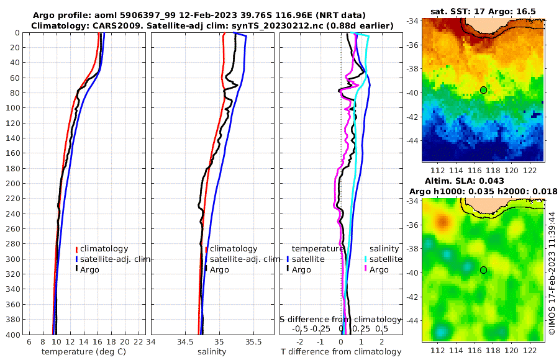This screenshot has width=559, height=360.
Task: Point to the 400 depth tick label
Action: tap(12, 335)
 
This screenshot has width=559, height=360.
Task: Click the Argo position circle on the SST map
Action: tap(483, 90)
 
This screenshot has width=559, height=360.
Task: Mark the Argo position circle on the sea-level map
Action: tap(483, 270)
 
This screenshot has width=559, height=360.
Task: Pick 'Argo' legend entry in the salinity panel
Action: tap(219, 269)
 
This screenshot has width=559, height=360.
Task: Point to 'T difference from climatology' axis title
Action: tap(341, 352)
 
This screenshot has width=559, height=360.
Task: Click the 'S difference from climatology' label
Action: tap(340, 319)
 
